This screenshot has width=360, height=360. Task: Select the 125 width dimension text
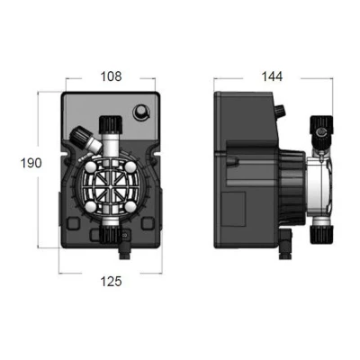(x=110, y=281)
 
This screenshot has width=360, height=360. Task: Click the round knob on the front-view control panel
(x=141, y=112)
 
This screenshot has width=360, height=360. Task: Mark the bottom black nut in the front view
(x=110, y=236)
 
